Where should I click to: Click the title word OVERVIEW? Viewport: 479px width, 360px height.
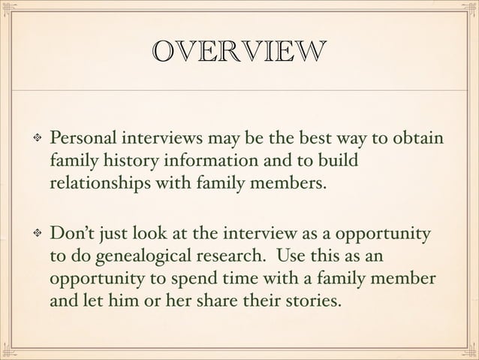point(238,52)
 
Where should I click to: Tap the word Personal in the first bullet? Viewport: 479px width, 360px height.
point(82,140)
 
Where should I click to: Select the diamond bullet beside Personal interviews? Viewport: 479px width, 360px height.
point(33,141)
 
